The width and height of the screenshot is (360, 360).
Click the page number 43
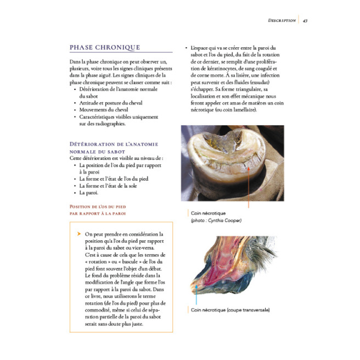305,20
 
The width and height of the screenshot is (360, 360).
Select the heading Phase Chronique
104,48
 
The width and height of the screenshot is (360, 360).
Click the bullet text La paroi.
89,193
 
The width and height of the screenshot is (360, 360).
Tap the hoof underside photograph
232,163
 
